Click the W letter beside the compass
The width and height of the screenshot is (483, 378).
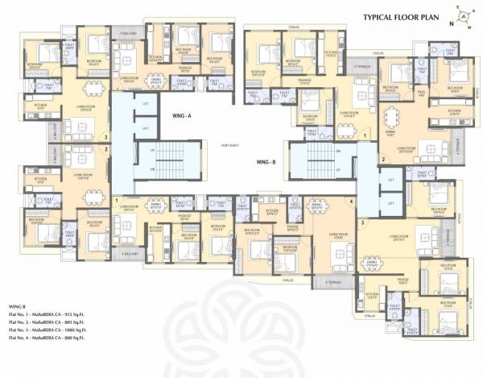tap(469, 27)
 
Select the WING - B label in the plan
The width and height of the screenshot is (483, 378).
tap(266, 163)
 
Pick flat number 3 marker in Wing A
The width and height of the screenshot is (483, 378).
tap(105, 137)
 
